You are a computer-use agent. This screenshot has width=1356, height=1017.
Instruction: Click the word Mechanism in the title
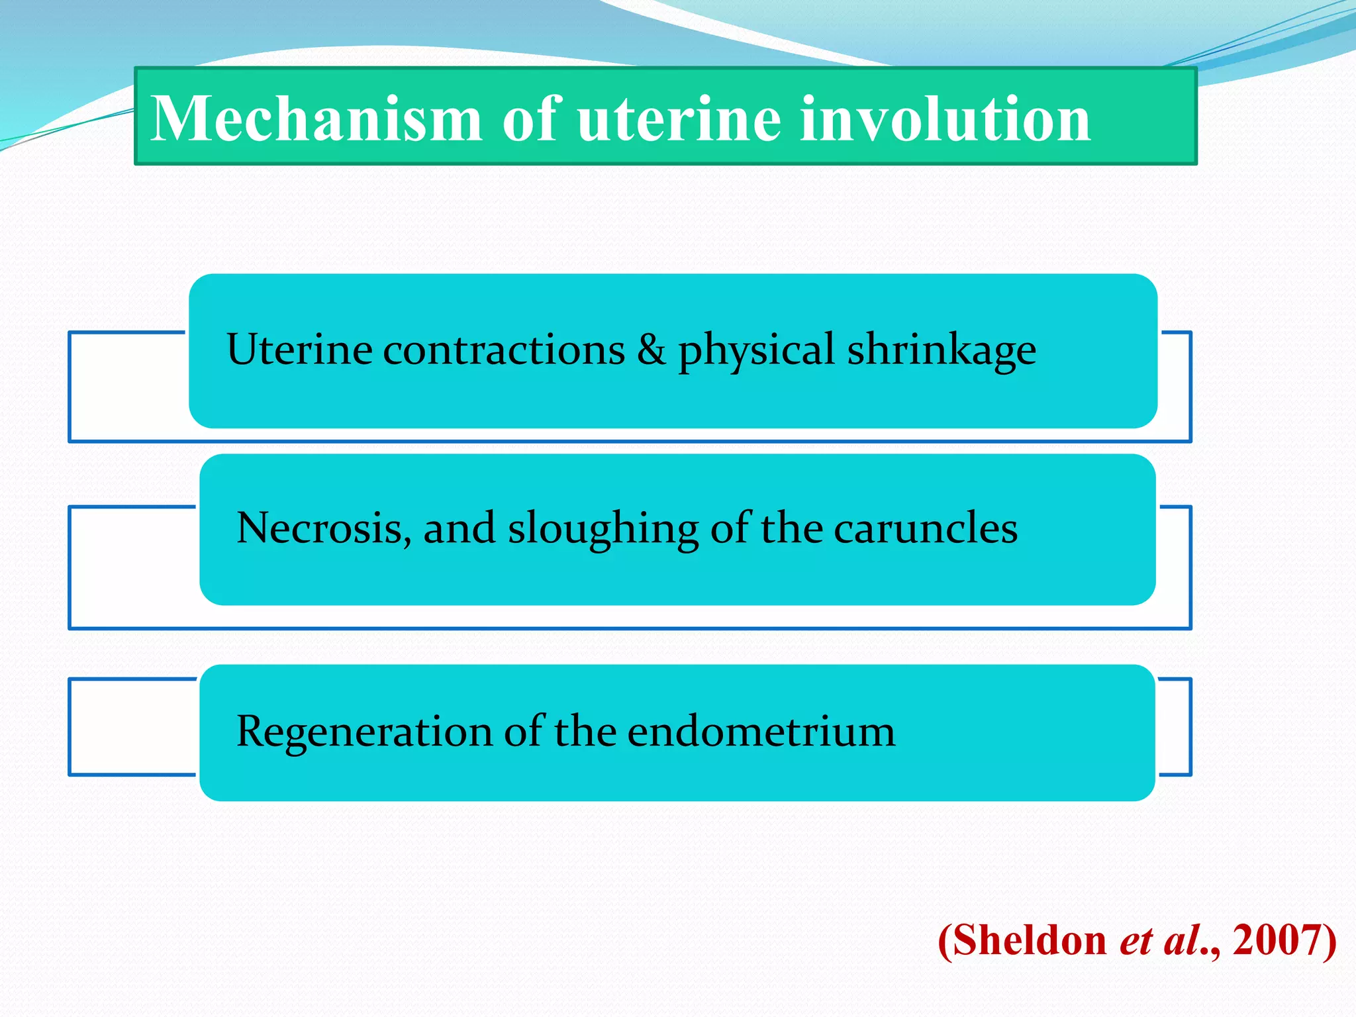pyautogui.click(x=316, y=119)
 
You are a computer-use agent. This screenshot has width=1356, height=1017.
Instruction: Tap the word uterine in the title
pyautogui.click(x=679, y=119)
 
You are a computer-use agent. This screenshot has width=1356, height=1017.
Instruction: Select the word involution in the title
pyautogui.click(x=945, y=119)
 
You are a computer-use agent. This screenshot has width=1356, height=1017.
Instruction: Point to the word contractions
pyautogui.click(x=504, y=350)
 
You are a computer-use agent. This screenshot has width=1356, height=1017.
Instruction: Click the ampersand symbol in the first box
pyautogui.click(x=651, y=349)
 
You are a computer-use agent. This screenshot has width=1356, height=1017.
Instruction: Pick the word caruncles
pyautogui.click(x=925, y=528)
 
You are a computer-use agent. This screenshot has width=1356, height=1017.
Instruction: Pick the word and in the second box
pyautogui.click(x=459, y=528)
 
